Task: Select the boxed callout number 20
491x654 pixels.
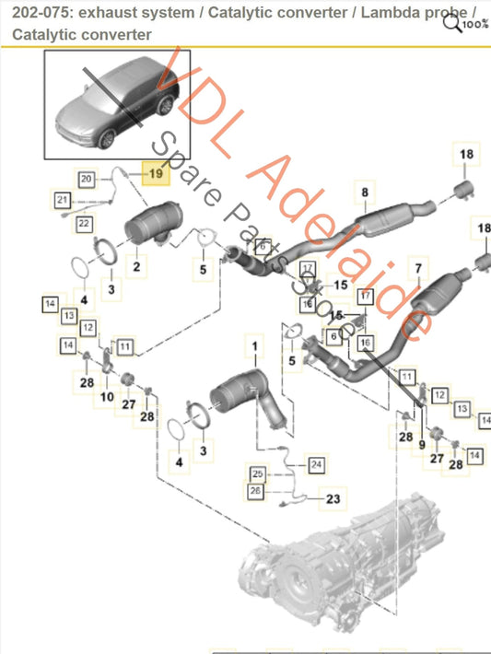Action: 87,178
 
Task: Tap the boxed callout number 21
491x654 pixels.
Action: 63,199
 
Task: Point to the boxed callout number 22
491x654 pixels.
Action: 83,222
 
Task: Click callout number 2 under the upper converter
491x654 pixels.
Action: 135,267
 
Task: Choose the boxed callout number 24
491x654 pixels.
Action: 317,463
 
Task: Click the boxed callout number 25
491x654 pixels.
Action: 259,473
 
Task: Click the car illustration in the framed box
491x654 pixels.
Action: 117,104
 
